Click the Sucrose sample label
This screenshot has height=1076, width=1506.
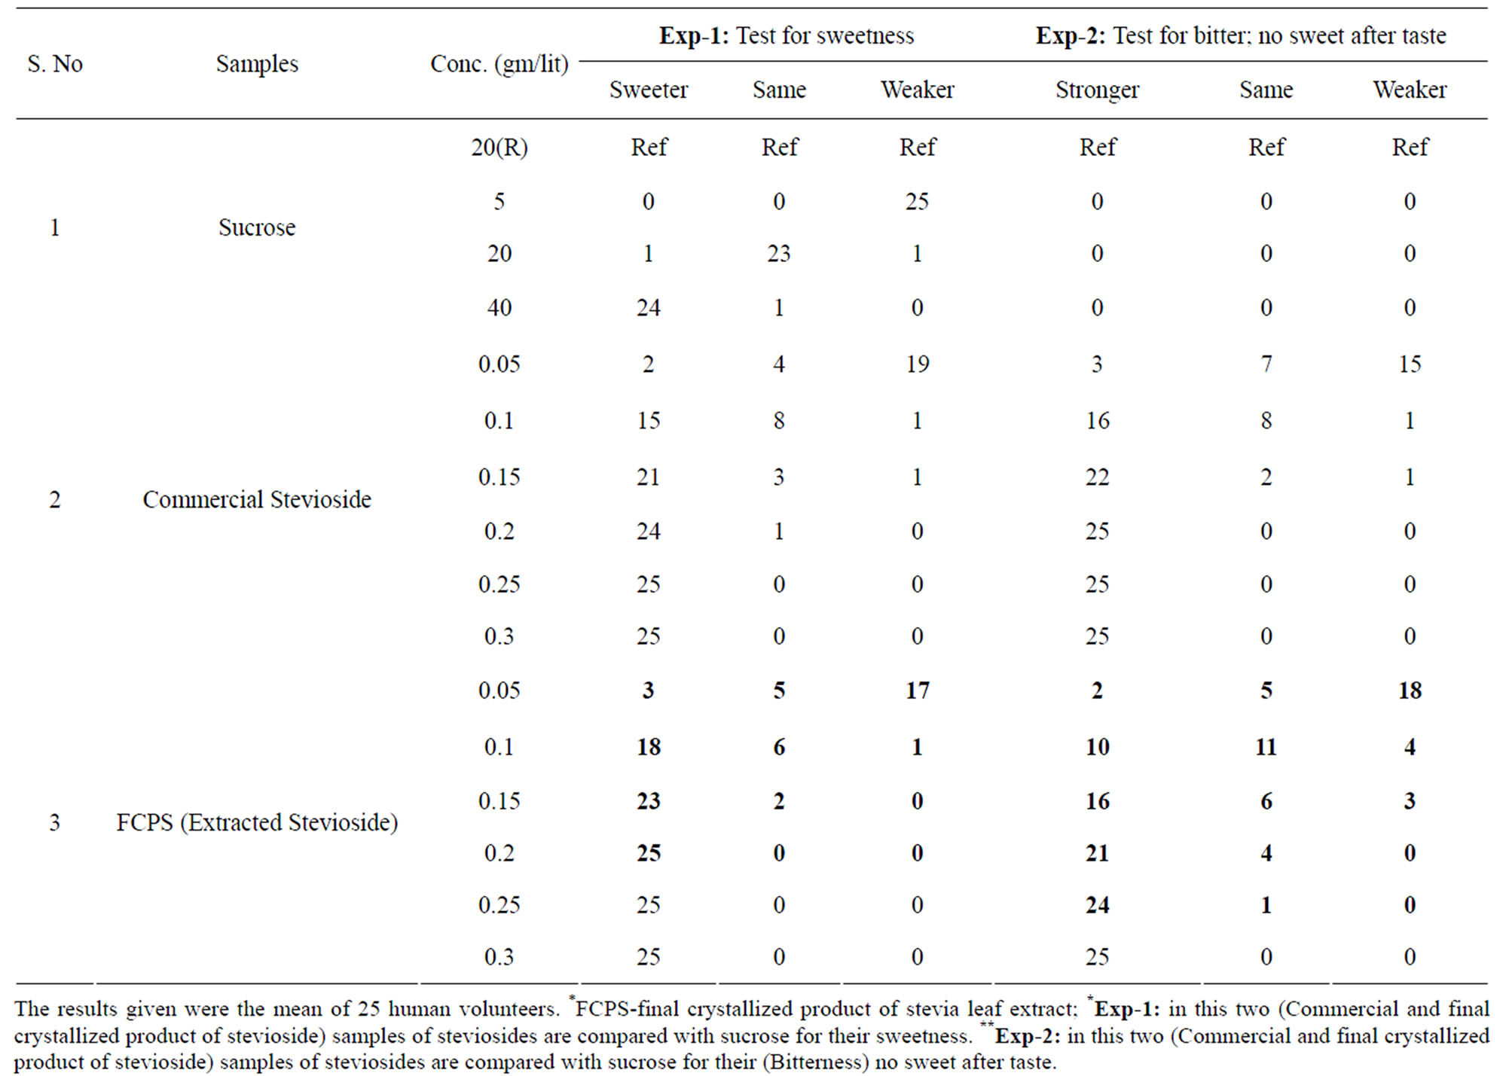pyautogui.click(x=257, y=227)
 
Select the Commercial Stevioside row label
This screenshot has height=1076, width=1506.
pyautogui.click(x=257, y=499)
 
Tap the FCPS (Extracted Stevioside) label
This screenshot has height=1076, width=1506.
pyautogui.click(x=257, y=822)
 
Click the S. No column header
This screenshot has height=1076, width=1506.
pyautogui.click(x=55, y=64)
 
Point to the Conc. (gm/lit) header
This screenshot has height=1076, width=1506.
pyautogui.click(x=499, y=64)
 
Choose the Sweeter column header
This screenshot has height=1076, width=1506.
pyautogui.click(x=649, y=90)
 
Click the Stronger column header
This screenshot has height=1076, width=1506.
pyautogui.click(x=1097, y=90)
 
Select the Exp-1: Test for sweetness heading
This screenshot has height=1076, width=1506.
pyautogui.click(x=787, y=35)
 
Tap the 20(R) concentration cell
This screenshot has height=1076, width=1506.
pyautogui.click(x=499, y=147)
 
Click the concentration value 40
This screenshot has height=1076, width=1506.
pyautogui.click(x=499, y=307)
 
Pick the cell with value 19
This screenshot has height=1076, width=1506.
pyautogui.click(x=918, y=364)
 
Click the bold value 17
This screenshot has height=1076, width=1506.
pyautogui.click(x=918, y=690)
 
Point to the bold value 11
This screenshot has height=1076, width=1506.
pyautogui.click(x=1266, y=747)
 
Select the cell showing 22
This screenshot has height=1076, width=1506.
pyautogui.click(x=1097, y=477)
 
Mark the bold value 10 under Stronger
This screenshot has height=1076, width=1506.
pyautogui.click(x=1097, y=747)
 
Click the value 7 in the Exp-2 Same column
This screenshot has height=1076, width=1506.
pyautogui.click(x=1266, y=364)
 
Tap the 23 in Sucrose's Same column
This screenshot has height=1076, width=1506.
pyautogui.click(x=779, y=253)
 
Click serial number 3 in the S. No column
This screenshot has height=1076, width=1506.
pyautogui.click(x=54, y=822)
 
